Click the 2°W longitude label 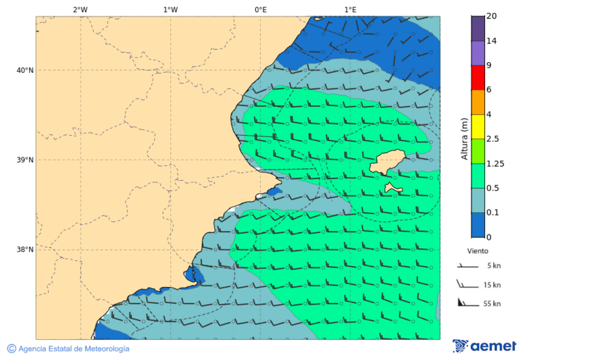(80, 9)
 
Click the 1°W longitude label (170, 9)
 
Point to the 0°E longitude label (260, 9)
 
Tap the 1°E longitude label (350, 9)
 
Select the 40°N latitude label (24, 70)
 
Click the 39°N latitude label (24, 160)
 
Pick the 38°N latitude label (24, 250)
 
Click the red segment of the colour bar (478, 78)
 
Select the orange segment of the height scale (478, 102)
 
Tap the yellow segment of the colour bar (478, 127)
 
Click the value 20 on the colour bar (492, 16)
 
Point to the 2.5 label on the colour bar (493, 139)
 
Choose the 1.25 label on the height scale (496, 163)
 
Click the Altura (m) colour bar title (464, 138)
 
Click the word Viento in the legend (478, 251)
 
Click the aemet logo (484, 346)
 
